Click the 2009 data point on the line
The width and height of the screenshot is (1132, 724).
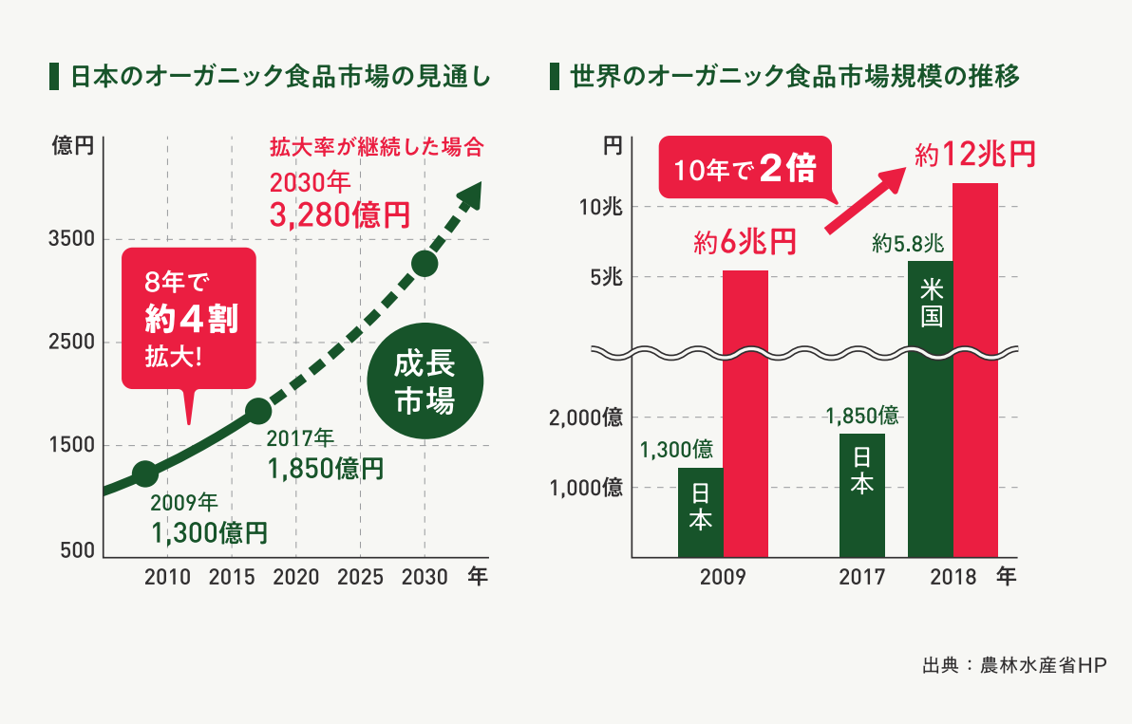(144, 473)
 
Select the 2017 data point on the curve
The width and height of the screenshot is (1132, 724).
(258, 411)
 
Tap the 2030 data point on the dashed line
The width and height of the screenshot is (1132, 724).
(424, 263)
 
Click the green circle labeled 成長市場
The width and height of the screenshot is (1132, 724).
(424, 383)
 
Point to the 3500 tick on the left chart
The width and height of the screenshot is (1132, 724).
(71, 239)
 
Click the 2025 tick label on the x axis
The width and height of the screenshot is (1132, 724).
(360, 577)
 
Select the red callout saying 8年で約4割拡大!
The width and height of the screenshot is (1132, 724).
(189, 318)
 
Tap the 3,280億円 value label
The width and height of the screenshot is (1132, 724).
(339, 215)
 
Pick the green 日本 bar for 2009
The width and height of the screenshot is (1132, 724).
(701, 512)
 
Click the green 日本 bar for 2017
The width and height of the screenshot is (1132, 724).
(862, 494)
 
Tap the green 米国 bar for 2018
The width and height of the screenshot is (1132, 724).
(931, 408)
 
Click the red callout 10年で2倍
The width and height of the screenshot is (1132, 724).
(745, 169)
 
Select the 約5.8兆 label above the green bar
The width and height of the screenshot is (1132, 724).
(908, 244)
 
